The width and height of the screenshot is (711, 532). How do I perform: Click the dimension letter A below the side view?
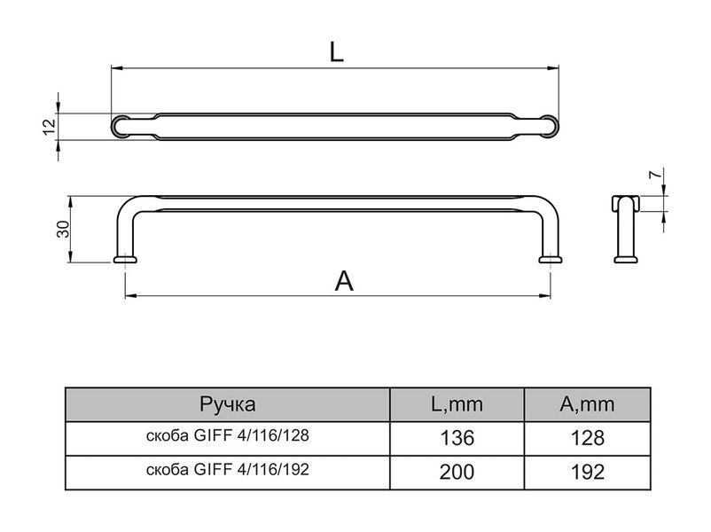click(x=344, y=281)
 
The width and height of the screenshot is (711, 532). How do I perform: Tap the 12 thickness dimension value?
click(x=50, y=127)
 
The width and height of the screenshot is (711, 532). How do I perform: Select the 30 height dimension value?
click(x=63, y=229)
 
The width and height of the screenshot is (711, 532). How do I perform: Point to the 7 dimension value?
click(x=654, y=175)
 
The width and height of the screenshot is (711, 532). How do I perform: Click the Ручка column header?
click(x=228, y=403)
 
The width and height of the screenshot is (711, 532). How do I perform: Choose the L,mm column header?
click(x=457, y=403)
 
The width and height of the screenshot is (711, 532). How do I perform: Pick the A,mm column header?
click(x=587, y=403)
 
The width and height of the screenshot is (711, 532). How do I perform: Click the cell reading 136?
click(x=457, y=438)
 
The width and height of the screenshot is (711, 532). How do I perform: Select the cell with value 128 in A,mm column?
click(x=587, y=438)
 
